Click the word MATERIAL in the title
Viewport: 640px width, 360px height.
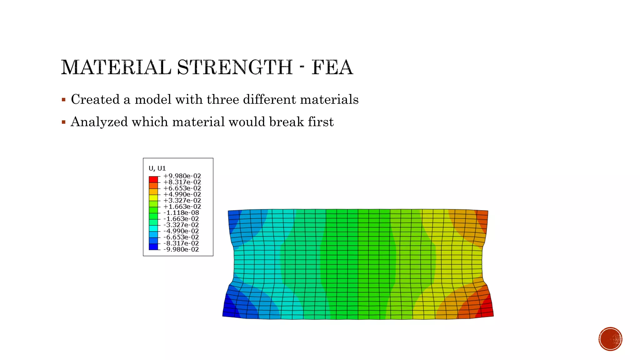(x=116, y=67)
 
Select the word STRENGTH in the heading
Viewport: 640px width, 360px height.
(x=235, y=67)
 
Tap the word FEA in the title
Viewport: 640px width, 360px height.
(x=332, y=67)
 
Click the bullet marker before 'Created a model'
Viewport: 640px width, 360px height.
(x=64, y=100)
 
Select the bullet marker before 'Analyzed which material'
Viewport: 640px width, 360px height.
(x=64, y=122)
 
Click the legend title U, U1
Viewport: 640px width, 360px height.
(x=157, y=168)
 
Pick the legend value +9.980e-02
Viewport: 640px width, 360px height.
(x=182, y=176)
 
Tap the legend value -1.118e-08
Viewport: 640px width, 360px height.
(x=181, y=213)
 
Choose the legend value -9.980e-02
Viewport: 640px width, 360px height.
(x=181, y=249)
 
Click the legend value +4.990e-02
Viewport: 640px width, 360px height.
(x=182, y=194)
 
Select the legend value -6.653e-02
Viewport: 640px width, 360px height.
(x=181, y=237)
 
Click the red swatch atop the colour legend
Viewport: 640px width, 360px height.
(x=153, y=179)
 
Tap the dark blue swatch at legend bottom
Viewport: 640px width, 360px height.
(x=153, y=247)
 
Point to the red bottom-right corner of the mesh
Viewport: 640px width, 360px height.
(x=487, y=308)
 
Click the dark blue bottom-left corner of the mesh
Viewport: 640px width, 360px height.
(x=229, y=308)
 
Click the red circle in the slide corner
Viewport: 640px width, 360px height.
(x=610, y=339)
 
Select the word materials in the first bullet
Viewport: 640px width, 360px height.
(x=329, y=99)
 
